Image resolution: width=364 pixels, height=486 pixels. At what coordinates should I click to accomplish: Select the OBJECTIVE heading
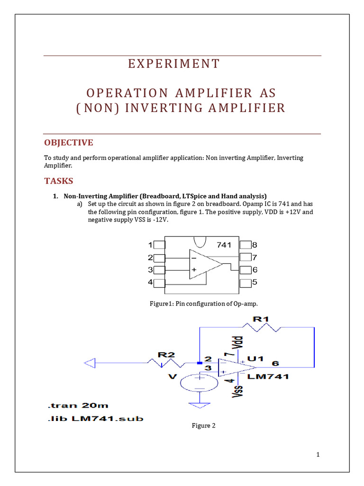click(69, 143)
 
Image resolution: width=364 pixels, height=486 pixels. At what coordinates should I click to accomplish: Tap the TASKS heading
click(59, 181)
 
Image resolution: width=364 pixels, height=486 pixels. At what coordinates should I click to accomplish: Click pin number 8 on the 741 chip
click(255, 245)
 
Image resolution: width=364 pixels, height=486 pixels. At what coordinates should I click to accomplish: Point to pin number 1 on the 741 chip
click(150, 245)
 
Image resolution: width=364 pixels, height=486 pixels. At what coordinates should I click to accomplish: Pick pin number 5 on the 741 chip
click(255, 282)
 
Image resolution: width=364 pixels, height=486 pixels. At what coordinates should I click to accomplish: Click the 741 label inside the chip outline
click(224, 245)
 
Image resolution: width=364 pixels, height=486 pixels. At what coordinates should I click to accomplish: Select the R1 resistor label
click(261, 319)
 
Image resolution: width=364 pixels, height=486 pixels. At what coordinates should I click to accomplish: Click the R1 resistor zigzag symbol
click(262, 327)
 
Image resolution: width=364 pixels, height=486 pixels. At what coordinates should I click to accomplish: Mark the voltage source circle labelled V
click(199, 382)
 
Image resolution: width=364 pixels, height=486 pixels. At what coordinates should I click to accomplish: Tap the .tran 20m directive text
click(78, 405)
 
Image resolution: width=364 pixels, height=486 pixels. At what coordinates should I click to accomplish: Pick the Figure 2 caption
click(203, 426)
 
